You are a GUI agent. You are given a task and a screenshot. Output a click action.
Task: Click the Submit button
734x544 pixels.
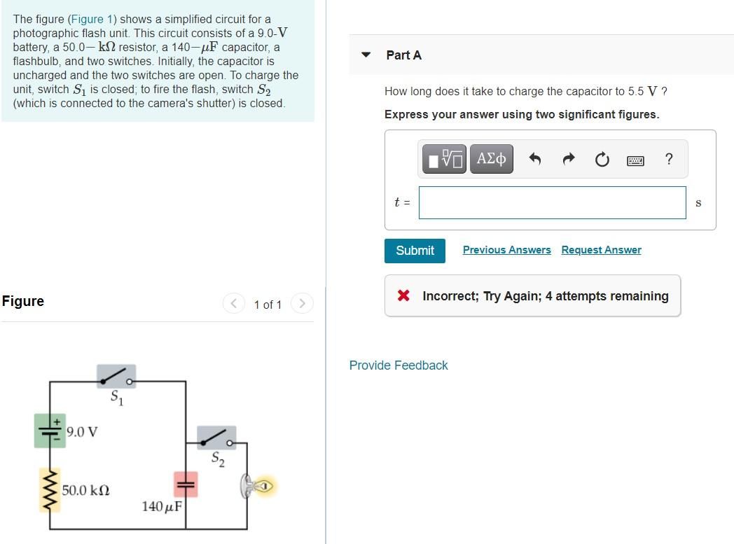(x=415, y=251)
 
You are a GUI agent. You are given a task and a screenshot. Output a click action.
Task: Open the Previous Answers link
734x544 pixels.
(x=506, y=250)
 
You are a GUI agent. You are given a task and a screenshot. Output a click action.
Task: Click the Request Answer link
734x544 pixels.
(x=601, y=250)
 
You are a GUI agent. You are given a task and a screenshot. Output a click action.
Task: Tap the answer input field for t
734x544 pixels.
(x=552, y=202)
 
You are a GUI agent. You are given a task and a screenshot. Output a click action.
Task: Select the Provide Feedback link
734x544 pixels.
(x=399, y=365)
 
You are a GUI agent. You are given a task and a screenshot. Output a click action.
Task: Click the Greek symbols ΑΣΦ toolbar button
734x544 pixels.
(x=492, y=159)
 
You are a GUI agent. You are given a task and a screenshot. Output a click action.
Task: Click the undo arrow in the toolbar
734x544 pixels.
(x=535, y=160)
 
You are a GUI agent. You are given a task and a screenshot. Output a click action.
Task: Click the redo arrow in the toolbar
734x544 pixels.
(x=568, y=160)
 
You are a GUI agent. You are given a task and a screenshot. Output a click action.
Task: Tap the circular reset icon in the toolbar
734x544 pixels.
(x=602, y=160)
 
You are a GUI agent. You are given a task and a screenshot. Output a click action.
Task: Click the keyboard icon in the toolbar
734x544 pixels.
(x=635, y=160)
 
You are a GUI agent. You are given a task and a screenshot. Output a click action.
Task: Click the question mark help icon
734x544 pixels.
(x=668, y=160)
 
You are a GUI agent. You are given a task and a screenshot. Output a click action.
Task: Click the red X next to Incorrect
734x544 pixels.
(x=403, y=296)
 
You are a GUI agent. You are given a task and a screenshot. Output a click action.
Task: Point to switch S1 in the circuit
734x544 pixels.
(x=116, y=377)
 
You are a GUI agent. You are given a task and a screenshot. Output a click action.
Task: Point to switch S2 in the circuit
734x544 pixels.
(x=216, y=438)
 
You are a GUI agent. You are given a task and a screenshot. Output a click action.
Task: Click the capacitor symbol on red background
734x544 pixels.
(x=186, y=484)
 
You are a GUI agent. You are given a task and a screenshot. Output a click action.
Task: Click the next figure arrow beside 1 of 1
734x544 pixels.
(x=302, y=304)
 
